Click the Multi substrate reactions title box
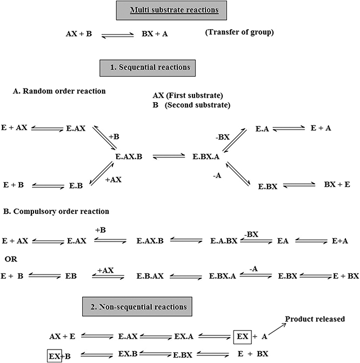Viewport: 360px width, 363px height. (x=171, y=10)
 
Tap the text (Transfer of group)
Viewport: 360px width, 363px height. (x=239, y=32)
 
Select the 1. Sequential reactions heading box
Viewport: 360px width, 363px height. (x=148, y=68)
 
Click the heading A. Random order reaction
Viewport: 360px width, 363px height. (x=59, y=91)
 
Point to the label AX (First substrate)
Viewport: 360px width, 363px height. (x=188, y=96)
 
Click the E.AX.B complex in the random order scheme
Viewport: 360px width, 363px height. (x=129, y=157)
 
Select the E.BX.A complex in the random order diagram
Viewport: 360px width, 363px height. (x=206, y=157)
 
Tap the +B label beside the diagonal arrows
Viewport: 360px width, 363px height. (x=114, y=137)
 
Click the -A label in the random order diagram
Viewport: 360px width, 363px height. (x=217, y=176)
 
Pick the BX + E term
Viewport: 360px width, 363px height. (x=337, y=185)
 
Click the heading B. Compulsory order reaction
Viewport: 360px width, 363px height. (x=56, y=211)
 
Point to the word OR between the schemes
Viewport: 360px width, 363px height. (x=11, y=259)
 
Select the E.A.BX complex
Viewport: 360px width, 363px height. (x=224, y=241)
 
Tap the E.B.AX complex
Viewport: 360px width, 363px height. (x=150, y=276)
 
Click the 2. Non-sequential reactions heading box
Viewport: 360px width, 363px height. (x=137, y=307)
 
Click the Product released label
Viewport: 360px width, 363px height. (x=315, y=319)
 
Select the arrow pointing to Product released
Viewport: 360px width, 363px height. (x=277, y=329)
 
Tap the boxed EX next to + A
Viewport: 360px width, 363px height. (x=242, y=337)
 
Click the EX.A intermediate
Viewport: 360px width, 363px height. (x=184, y=337)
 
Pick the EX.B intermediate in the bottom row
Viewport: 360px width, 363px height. (x=128, y=354)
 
